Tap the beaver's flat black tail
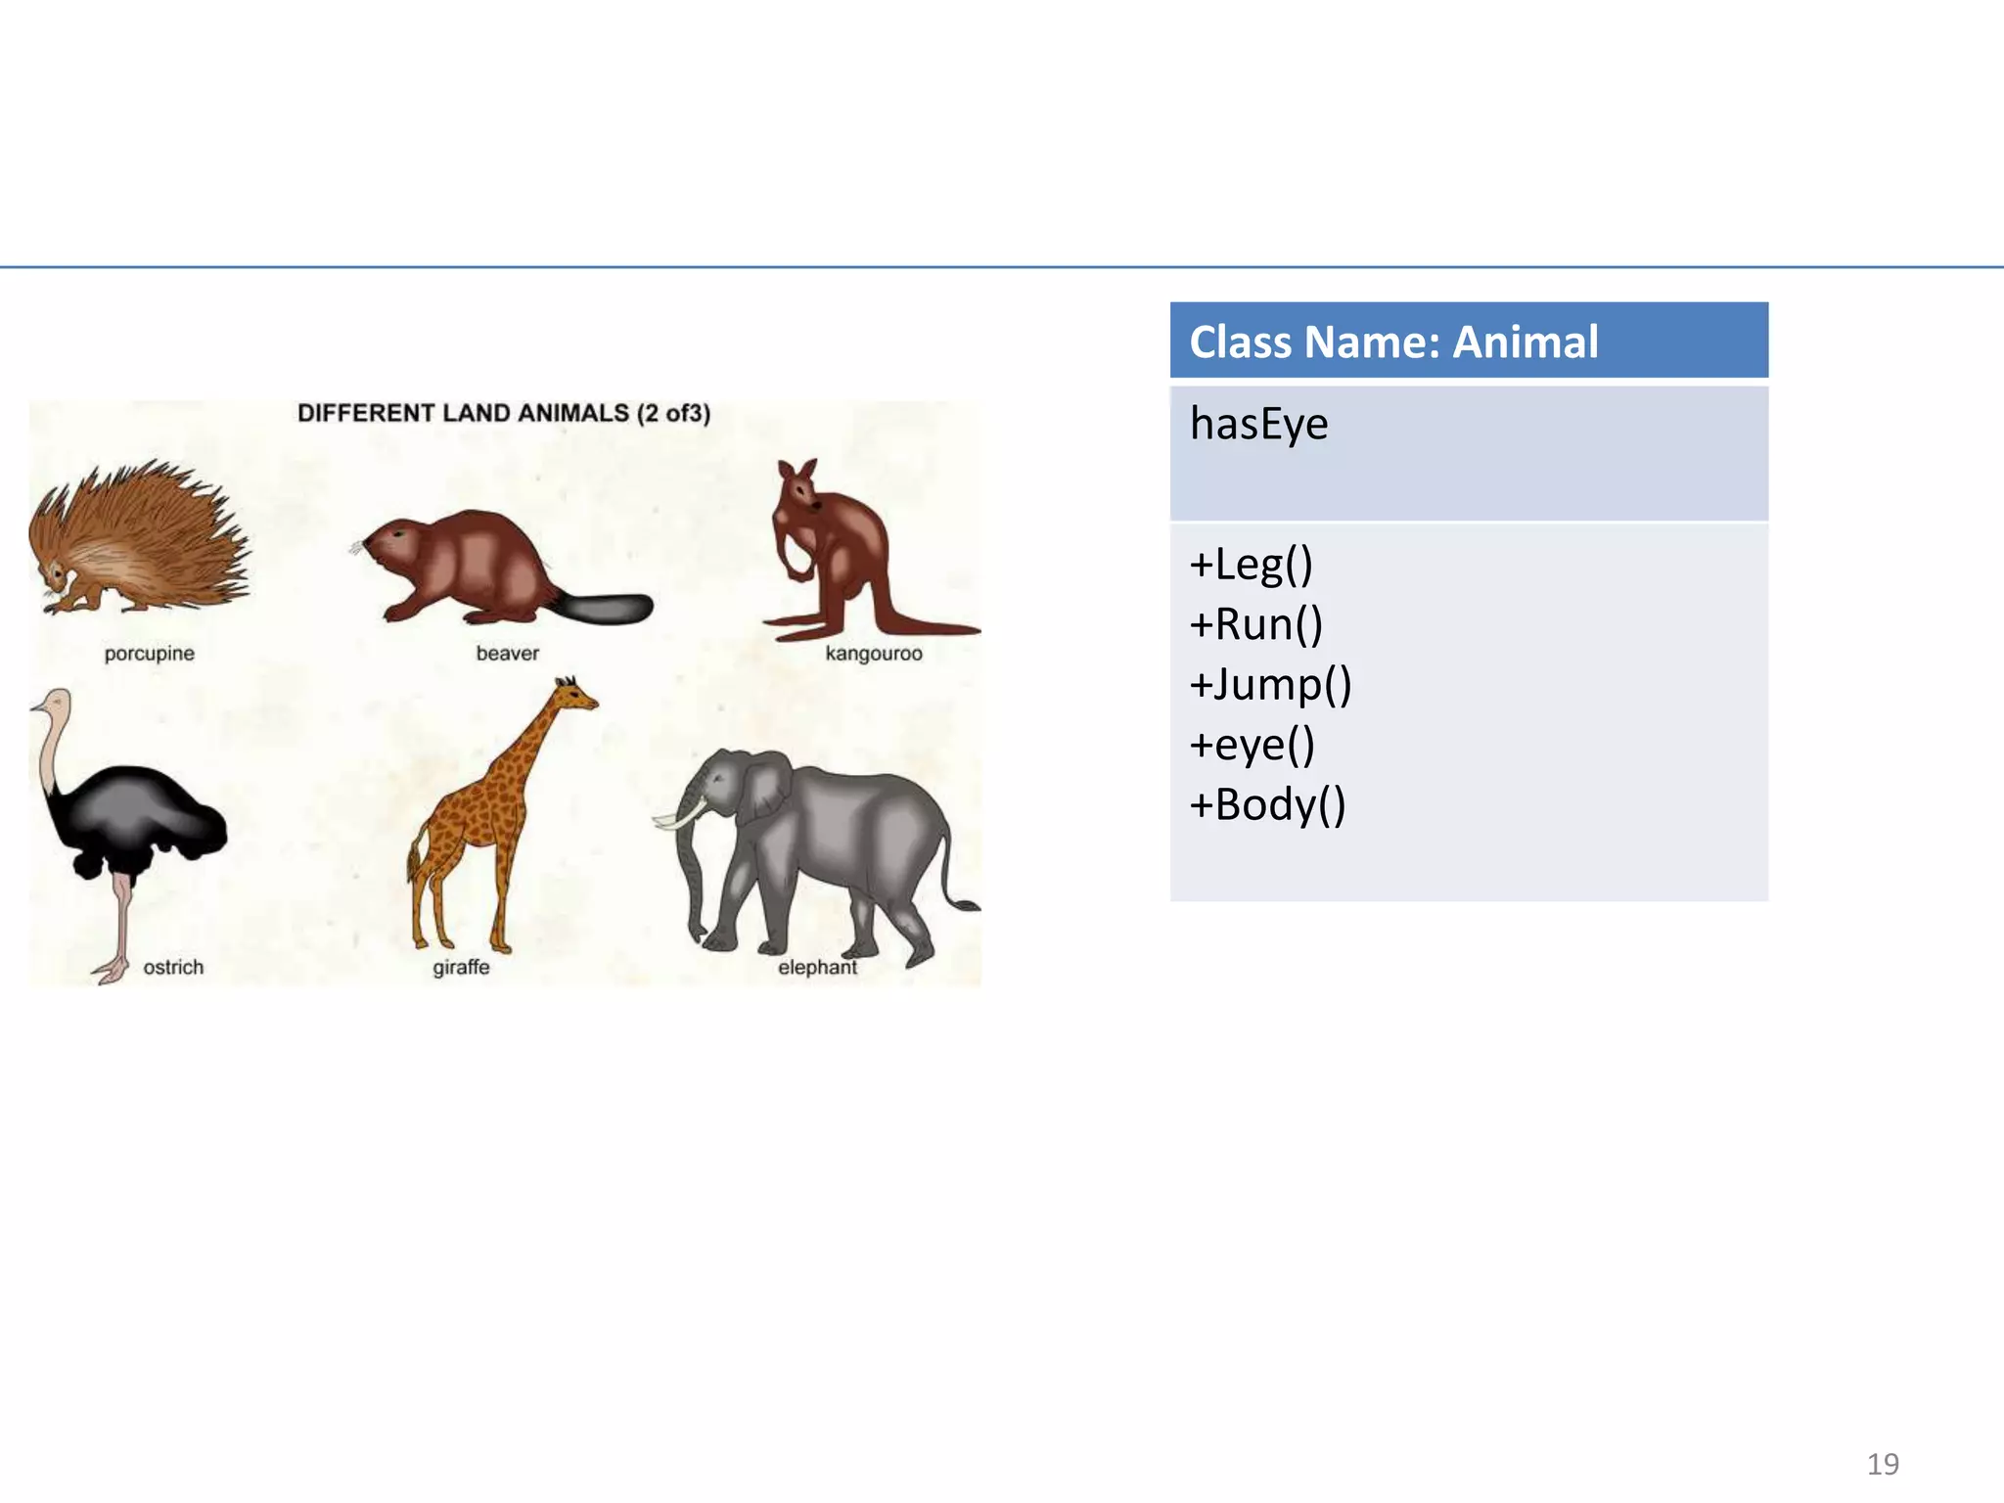point(607,609)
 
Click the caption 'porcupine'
point(150,653)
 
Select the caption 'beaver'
point(507,653)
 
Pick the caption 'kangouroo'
point(873,653)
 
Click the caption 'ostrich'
point(173,967)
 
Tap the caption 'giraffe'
point(461,967)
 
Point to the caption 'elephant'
point(817,967)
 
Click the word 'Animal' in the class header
point(1525,342)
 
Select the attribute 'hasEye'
point(1258,424)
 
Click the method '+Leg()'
point(1251,565)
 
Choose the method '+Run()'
point(1255,624)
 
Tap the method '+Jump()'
point(1270,684)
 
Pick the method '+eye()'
point(1252,745)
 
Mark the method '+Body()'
point(1267,804)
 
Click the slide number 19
point(1883,1464)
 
